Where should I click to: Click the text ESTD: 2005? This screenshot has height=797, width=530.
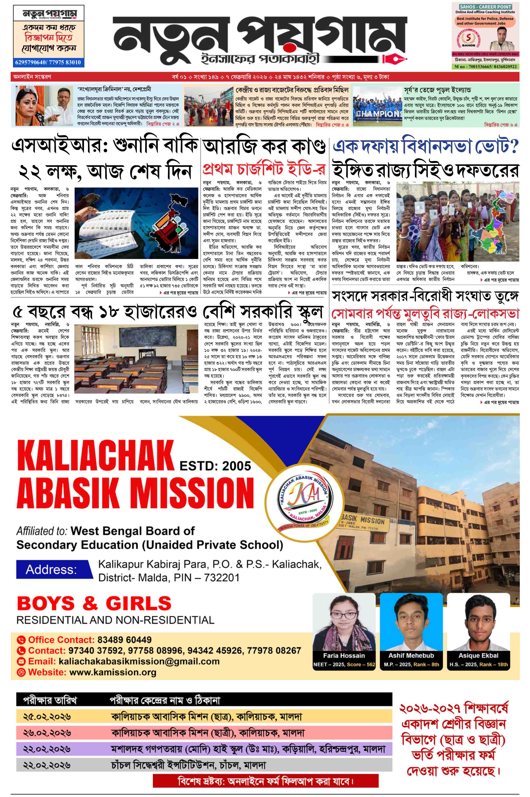tap(215, 466)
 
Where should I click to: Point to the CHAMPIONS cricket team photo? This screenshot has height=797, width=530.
tap(377, 106)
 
